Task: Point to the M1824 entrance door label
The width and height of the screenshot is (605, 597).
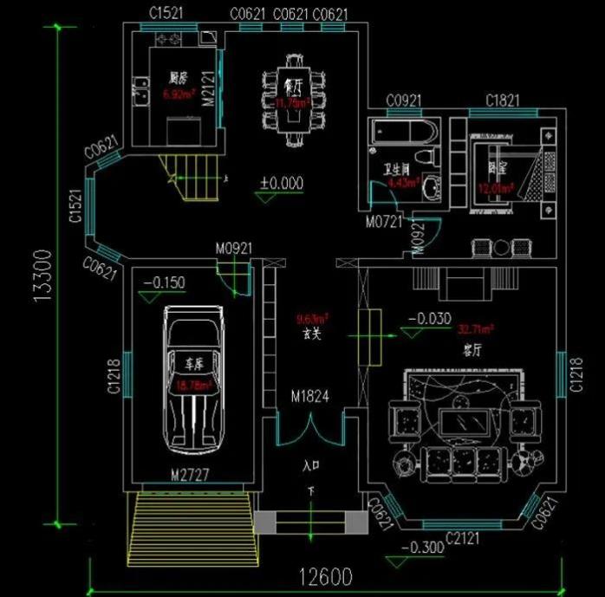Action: point(310,397)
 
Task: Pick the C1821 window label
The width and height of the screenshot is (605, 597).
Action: point(503,101)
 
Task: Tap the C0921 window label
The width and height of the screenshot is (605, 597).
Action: point(403,101)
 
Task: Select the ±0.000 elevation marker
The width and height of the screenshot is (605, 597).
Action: point(282,183)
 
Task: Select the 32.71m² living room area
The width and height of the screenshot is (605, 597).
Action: point(477,329)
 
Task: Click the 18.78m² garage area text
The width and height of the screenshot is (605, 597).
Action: point(192,386)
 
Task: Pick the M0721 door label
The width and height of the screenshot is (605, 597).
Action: point(385,223)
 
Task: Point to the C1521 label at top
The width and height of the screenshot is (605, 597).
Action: point(166,13)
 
